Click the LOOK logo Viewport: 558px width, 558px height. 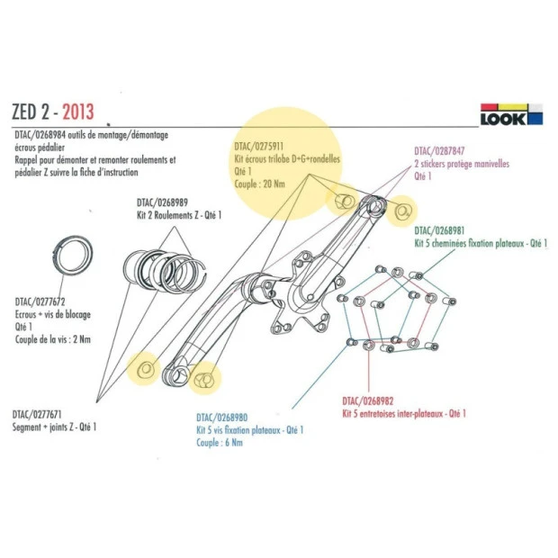tap(510, 116)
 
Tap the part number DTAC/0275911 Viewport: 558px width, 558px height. tap(259, 144)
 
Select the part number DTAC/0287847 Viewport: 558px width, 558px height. tap(441, 152)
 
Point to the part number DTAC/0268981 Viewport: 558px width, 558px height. tap(440, 229)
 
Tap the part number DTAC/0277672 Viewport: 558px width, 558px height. tap(39, 302)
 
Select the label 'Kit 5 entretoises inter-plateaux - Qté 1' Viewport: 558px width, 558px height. tap(404, 413)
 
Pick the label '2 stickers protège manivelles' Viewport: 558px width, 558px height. tap(461, 165)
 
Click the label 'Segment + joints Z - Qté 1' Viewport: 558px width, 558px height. tap(54, 427)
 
